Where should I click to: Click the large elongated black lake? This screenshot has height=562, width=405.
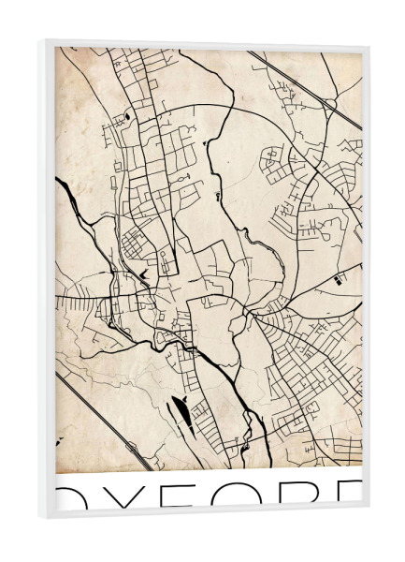point(181,408)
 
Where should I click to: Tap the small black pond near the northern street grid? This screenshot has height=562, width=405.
point(127,117)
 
